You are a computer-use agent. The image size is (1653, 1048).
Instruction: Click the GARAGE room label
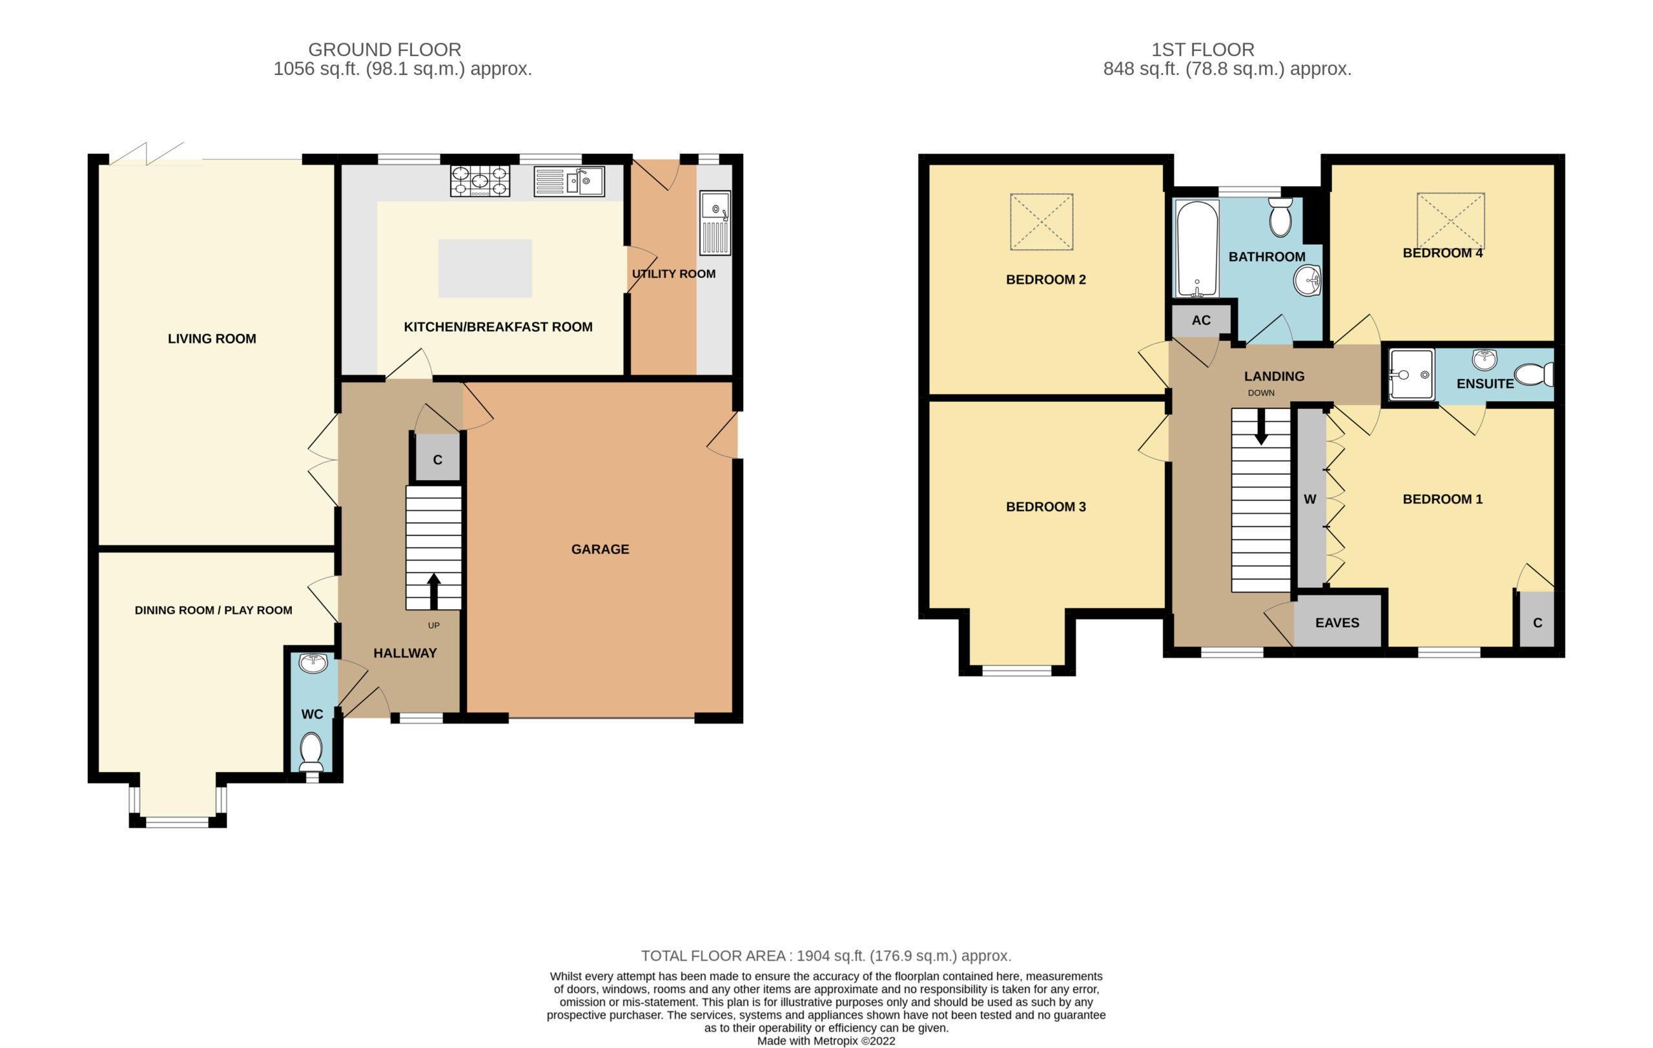click(x=600, y=549)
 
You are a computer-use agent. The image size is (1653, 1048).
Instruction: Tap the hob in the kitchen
click(x=480, y=182)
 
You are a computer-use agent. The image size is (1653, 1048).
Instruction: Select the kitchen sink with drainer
click(x=569, y=182)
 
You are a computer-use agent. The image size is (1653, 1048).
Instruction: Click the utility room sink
click(x=715, y=223)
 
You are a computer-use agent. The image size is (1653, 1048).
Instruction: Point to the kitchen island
click(x=486, y=269)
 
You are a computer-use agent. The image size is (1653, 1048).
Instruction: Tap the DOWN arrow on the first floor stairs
click(x=1261, y=426)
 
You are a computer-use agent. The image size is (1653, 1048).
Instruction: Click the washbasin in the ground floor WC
click(x=313, y=664)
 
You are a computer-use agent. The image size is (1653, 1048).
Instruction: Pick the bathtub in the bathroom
click(x=1197, y=249)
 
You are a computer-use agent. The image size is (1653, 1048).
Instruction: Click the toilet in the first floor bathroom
click(x=1280, y=217)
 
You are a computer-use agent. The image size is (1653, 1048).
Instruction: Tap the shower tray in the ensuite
click(x=1412, y=375)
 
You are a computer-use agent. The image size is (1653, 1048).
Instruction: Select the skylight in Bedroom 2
click(x=1042, y=222)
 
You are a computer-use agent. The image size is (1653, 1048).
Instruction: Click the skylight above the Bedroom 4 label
click(x=1450, y=221)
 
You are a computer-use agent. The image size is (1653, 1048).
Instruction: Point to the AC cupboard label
click(x=1201, y=320)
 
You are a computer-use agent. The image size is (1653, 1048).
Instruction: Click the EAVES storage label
click(x=1337, y=623)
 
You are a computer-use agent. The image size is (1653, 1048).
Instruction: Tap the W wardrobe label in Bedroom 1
click(x=1309, y=499)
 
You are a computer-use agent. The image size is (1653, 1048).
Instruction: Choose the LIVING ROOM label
click(x=212, y=339)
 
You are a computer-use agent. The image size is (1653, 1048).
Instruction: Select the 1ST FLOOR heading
click(x=1203, y=50)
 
